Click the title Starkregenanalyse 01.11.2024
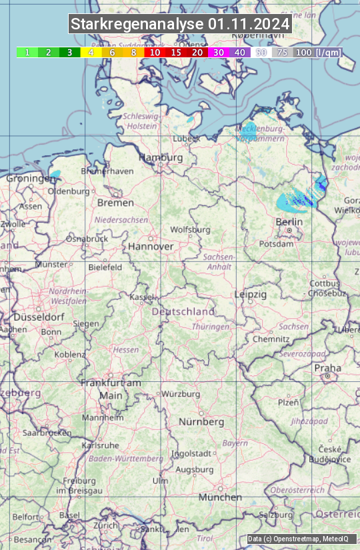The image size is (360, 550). [180, 25]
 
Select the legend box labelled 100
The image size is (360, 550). [304, 52]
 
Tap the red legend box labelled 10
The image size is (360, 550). [155, 52]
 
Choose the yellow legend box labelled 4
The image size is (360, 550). [91, 52]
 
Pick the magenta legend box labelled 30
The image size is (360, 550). [219, 52]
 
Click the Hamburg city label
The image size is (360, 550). [161, 157]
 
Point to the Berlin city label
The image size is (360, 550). [289, 221]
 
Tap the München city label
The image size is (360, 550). [220, 497]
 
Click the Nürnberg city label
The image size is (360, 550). [201, 422]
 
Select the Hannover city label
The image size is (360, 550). [151, 246]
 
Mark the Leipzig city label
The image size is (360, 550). [251, 294]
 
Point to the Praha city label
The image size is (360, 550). [327, 368]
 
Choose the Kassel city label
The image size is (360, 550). [141, 297]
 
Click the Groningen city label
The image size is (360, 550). [30, 179]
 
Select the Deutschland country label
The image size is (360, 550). [183, 311]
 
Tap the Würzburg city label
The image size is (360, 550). [181, 394]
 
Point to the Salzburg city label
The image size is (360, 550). [276, 515]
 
